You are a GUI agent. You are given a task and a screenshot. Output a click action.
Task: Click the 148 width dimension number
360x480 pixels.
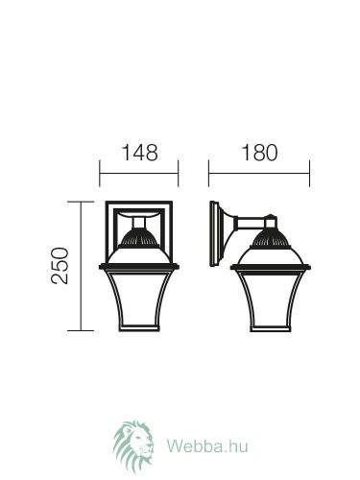140,153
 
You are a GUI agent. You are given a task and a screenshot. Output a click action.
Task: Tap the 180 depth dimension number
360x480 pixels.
259,153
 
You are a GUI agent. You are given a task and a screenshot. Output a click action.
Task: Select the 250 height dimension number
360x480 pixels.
60,265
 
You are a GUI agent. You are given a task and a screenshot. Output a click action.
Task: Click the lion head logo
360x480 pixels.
133,447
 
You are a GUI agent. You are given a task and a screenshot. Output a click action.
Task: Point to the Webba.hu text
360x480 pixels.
207,445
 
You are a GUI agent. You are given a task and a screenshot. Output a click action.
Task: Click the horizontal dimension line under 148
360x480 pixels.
139,174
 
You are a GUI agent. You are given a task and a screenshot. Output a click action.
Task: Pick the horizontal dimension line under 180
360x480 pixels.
259,174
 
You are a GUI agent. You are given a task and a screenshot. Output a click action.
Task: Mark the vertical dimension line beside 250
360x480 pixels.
81,266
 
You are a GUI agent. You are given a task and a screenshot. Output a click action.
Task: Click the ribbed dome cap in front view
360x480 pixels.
139,238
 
